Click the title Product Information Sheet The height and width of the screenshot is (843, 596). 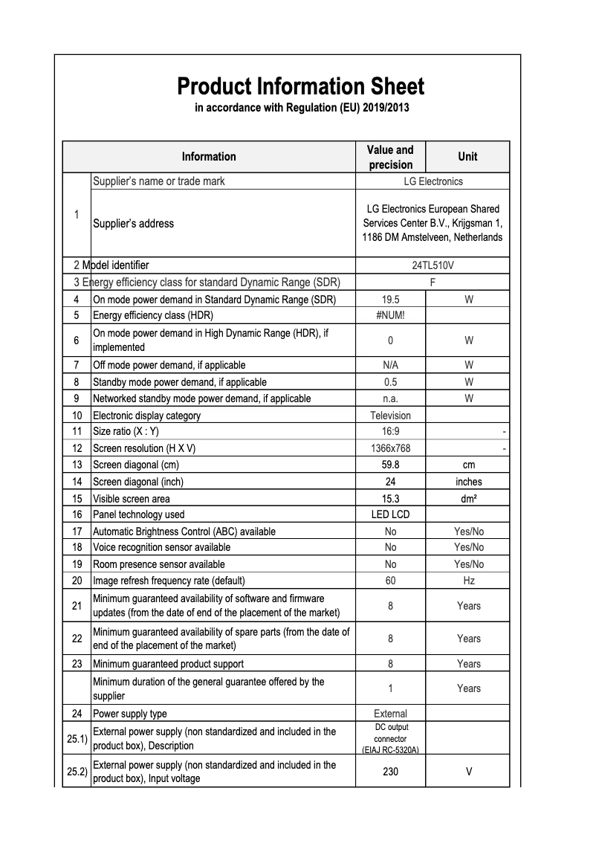tap(300, 86)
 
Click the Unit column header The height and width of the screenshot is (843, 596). tap(467, 157)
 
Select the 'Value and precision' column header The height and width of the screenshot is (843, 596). tap(390, 157)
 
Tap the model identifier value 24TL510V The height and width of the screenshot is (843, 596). tap(433, 265)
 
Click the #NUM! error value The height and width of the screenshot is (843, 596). tap(390, 315)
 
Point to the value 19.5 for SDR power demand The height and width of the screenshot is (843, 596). tap(390, 299)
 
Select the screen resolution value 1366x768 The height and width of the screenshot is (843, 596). tap(390, 448)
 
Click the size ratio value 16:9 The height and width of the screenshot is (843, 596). tap(390, 431)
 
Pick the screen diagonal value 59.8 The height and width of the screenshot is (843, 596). tap(390, 465)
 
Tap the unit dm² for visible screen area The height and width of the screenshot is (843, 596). tap(468, 499)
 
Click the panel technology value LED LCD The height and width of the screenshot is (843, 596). tap(390, 514)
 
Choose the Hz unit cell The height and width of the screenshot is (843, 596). tap(468, 581)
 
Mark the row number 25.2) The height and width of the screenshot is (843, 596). tap(77, 772)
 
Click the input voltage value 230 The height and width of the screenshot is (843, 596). tap(390, 772)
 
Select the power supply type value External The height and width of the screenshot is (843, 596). tap(390, 714)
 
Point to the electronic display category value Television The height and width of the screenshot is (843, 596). tap(390, 416)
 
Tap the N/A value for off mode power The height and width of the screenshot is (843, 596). tap(390, 365)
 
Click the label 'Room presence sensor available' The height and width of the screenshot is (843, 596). tap(158, 564)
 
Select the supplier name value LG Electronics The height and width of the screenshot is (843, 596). tap(433, 181)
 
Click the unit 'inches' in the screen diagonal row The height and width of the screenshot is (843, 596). tap(468, 482)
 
